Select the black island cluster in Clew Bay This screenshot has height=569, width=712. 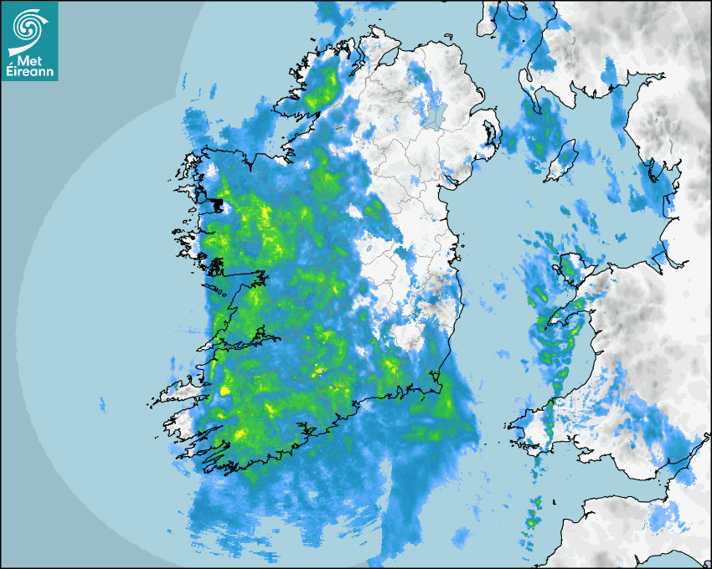click(219, 205)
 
